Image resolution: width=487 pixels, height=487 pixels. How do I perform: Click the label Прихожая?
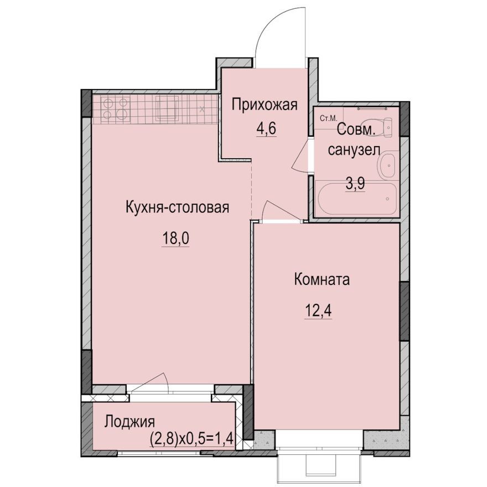pyautogui.click(x=265, y=104)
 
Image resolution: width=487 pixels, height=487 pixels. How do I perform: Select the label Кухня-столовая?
pyautogui.click(x=177, y=208)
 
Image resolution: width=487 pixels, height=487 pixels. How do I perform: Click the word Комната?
pyautogui.click(x=322, y=279)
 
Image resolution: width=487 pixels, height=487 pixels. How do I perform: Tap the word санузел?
pyautogui.click(x=354, y=149)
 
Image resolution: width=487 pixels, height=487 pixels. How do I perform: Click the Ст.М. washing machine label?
pyautogui.click(x=326, y=118)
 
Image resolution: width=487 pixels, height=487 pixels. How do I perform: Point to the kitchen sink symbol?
pyautogui.click(x=167, y=108)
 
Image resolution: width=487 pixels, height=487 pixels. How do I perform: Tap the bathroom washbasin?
pyautogui.click(x=387, y=165)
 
